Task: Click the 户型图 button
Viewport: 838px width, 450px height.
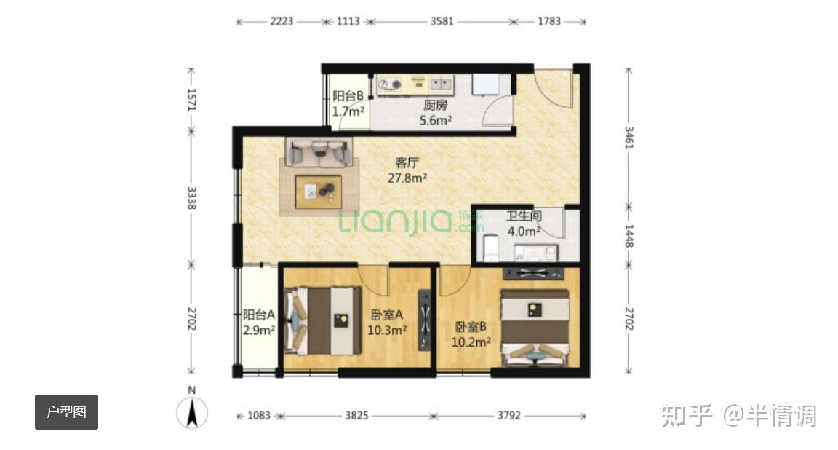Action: coord(66,412)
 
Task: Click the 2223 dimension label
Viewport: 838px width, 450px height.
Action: coord(281,21)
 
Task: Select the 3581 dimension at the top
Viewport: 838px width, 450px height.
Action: coord(442,21)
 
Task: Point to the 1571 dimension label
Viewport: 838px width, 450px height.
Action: coord(192,100)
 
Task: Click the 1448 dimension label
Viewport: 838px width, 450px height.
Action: coord(629,235)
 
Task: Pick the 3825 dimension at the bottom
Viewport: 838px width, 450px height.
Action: coord(356,415)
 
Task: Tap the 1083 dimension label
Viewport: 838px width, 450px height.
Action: coord(259,415)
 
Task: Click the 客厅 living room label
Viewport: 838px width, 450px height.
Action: coord(407,162)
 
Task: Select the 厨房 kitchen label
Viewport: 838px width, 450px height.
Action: coord(436,106)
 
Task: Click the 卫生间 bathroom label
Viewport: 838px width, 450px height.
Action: coord(524,216)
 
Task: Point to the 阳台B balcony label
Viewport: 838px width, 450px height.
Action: coord(348,96)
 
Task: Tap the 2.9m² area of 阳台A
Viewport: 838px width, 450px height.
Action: coord(259,330)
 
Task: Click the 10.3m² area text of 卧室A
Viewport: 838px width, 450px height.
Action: coord(387,330)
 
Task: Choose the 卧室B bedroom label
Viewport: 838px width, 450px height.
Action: coord(471,326)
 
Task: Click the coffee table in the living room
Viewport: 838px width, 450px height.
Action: coord(319,192)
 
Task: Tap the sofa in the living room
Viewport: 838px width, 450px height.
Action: coord(319,152)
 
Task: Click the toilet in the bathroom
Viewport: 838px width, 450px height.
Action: coord(490,248)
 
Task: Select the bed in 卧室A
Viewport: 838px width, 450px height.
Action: coord(323,321)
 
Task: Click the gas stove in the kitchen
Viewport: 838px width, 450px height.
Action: coord(390,84)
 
